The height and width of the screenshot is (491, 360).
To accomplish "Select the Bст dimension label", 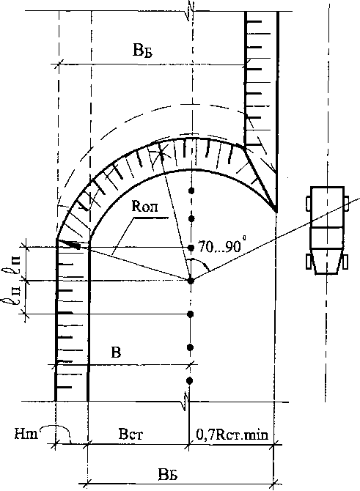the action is [x=131, y=435].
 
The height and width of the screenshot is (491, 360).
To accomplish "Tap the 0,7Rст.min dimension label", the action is [x=232, y=435].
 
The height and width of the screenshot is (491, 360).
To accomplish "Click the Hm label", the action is [x=26, y=435].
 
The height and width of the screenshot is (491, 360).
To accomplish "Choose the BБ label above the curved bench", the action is [x=142, y=51].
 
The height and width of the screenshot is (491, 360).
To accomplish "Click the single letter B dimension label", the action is [x=116, y=352].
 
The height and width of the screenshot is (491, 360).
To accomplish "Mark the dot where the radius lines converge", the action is [x=191, y=281].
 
